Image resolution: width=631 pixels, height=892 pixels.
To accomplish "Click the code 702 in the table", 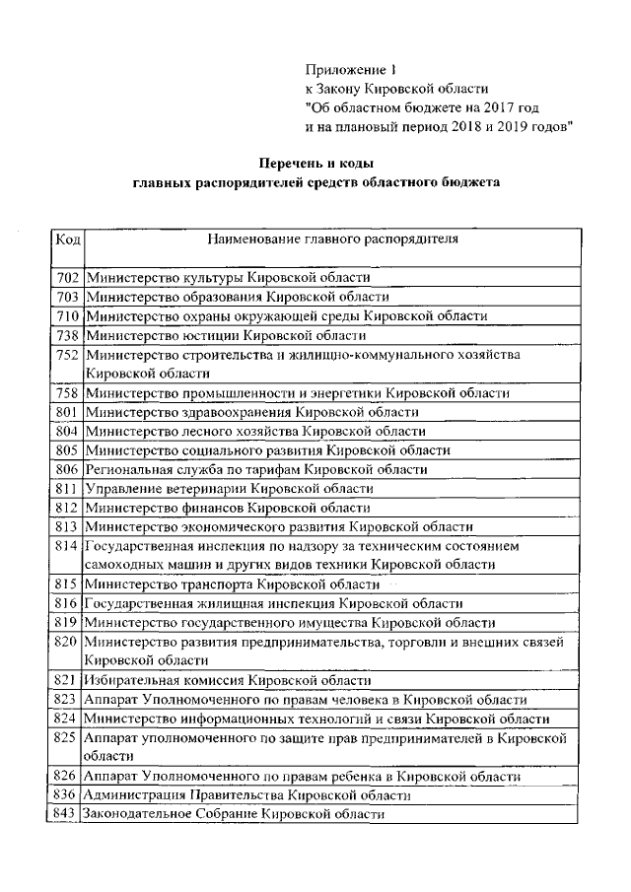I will (x=67, y=279).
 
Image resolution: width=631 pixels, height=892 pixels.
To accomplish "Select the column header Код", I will (x=67, y=239).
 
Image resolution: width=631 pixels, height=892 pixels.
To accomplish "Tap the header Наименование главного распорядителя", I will (x=333, y=239).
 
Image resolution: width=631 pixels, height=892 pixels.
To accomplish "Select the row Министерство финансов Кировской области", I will (x=228, y=508).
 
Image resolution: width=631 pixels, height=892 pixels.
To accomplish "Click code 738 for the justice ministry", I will (x=67, y=335).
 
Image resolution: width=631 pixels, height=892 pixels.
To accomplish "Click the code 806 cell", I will (x=67, y=469).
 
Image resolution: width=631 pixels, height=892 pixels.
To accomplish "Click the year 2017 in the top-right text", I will (x=515, y=107).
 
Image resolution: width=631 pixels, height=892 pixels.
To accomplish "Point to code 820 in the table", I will (x=67, y=642).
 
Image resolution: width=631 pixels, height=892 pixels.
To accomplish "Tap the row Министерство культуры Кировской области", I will (x=228, y=279).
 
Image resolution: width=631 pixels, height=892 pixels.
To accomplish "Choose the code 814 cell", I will (x=67, y=545).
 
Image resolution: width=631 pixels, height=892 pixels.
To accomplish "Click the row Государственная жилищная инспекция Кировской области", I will (x=273, y=603).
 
